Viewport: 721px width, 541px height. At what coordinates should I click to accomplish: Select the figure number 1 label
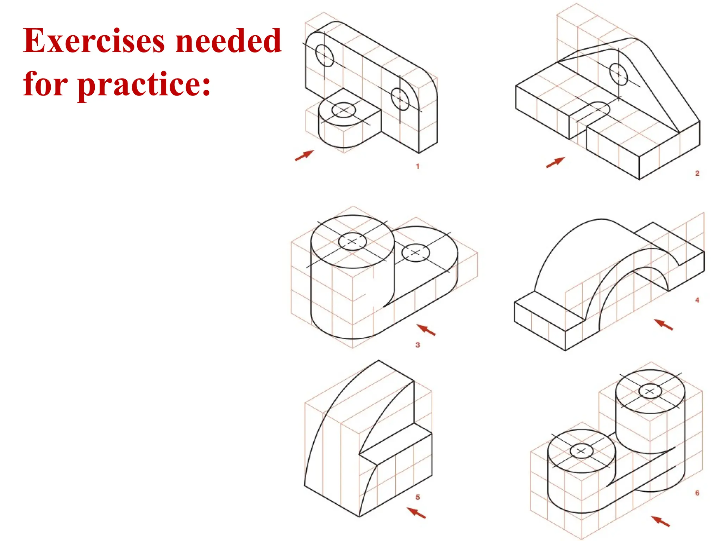point(418,166)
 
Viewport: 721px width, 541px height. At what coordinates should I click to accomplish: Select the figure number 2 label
point(697,173)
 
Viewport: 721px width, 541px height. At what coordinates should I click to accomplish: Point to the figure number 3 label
point(418,345)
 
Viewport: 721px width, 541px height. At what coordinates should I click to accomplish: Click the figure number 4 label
point(697,300)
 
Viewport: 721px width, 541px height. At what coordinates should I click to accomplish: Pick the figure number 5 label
point(418,497)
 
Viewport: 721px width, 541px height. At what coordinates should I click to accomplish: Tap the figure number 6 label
point(697,493)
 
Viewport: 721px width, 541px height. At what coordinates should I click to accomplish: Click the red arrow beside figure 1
point(304,155)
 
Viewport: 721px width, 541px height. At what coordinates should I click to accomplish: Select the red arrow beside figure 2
point(555,162)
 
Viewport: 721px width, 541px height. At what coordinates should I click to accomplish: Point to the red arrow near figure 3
point(426,330)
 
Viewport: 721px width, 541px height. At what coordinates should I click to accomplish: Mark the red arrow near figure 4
point(663,324)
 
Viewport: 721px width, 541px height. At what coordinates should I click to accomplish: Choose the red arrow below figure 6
point(660,521)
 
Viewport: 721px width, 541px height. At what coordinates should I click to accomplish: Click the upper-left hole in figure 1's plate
point(324,55)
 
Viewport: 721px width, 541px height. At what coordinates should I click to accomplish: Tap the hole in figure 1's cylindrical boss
point(344,110)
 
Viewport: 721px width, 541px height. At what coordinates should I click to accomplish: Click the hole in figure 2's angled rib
point(619,74)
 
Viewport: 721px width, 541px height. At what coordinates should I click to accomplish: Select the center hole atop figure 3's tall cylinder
point(352,242)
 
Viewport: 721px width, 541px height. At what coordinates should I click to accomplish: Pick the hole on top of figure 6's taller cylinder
point(650,391)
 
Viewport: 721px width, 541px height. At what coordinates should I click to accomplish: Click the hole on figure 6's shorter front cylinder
point(581,451)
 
